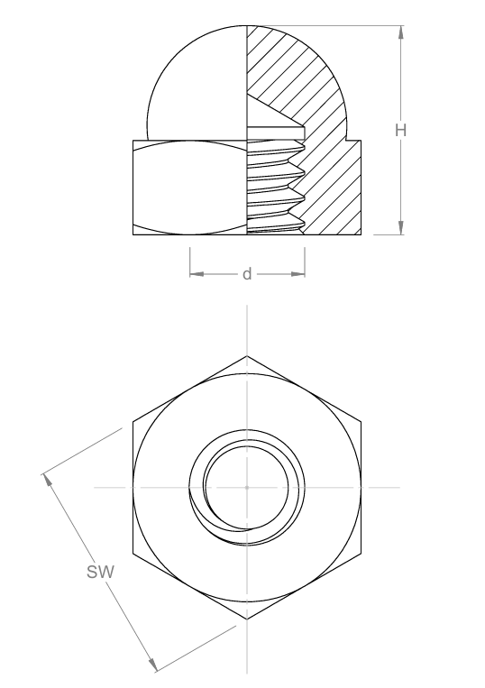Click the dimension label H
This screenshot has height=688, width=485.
pos(401,131)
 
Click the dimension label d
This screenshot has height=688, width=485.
pos(247,274)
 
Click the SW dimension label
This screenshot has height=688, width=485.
pos(100,573)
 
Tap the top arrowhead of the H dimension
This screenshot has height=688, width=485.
pos(401,32)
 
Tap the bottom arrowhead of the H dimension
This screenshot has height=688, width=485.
pos(401,228)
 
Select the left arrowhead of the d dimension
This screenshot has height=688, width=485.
pos(197,274)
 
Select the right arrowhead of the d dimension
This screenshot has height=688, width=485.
pos(297,274)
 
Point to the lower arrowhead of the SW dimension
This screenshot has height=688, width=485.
pos(152,665)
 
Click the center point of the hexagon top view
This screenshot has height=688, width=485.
pos(247,488)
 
